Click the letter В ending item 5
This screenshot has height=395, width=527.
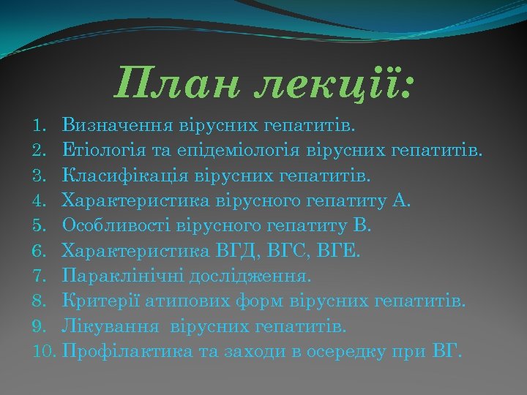click(365, 226)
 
